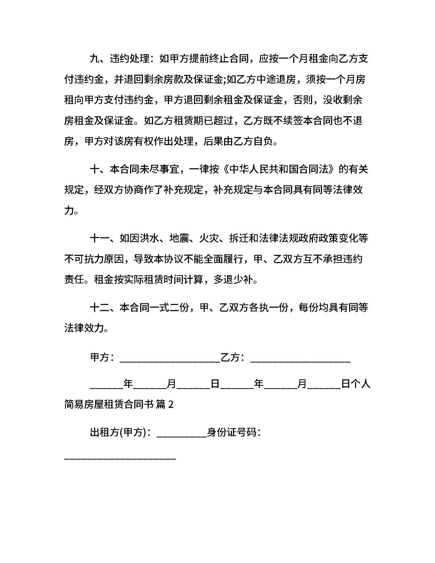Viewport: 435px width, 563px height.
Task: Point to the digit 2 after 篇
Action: pyautogui.click(x=171, y=405)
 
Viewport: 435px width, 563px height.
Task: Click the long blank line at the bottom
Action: pyautogui.click(x=120, y=459)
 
